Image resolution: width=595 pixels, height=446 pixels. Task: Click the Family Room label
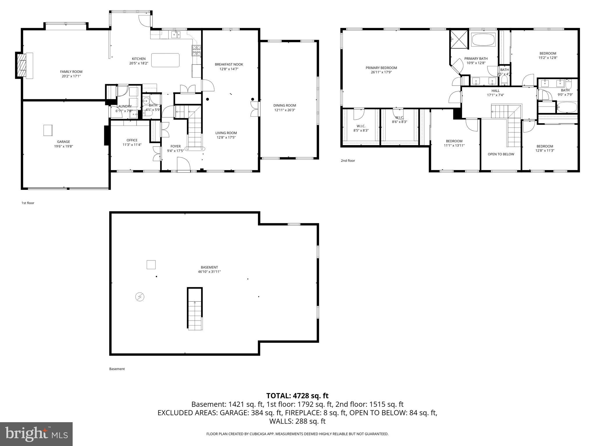[71, 72]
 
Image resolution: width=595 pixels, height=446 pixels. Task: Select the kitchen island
[165, 60]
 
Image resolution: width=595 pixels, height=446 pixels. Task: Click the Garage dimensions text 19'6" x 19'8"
[63, 146]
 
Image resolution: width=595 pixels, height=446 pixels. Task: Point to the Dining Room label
[284, 105]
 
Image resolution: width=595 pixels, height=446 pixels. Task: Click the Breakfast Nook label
[229, 64]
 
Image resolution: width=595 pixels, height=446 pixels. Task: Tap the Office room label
[132, 140]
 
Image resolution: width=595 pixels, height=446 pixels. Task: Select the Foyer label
[175, 146]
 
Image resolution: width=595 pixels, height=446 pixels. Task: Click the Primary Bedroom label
[381, 68]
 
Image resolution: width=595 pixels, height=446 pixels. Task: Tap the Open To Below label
[501, 154]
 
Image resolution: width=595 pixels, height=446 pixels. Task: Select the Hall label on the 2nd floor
[495, 91]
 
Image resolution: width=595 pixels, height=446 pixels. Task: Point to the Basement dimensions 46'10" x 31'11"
[209, 272]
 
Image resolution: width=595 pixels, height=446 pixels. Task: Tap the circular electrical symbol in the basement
[140, 297]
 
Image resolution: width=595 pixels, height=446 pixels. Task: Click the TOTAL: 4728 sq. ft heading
[297, 396]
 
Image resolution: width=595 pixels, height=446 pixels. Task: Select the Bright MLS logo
[36, 434]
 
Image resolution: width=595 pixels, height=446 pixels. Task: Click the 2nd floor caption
[348, 161]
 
